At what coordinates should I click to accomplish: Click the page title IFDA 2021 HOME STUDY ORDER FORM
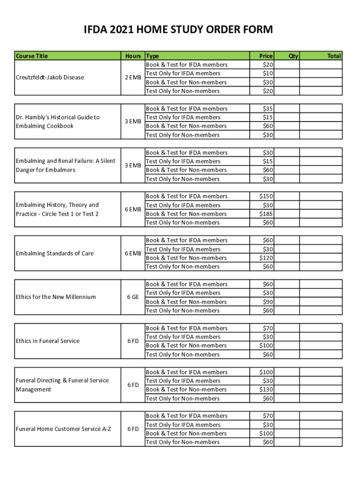point(178,30)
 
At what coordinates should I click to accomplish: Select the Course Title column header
point(32,56)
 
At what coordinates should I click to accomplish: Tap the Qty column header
point(293,56)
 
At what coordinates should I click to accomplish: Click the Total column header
point(334,56)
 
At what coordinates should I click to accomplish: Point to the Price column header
point(266,56)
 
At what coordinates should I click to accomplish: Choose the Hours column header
point(133,56)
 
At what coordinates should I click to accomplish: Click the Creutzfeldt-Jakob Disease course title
point(50,77)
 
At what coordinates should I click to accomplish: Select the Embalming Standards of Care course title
point(55,253)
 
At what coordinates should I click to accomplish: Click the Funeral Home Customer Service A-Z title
point(64,428)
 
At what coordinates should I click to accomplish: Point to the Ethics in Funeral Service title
point(48,341)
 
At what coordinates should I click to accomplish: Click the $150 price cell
point(266,196)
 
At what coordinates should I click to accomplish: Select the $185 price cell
point(266,214)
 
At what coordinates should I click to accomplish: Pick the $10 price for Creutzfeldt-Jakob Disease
point(268,73)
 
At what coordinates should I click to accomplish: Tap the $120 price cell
point(266,258)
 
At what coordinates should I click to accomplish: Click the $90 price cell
point(268,302)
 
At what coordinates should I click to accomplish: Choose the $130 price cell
point(266,389)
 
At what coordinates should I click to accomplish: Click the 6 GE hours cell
point(133,297)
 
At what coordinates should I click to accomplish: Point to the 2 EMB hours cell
point(133,77)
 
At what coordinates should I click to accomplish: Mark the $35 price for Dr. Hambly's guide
point(268,109)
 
